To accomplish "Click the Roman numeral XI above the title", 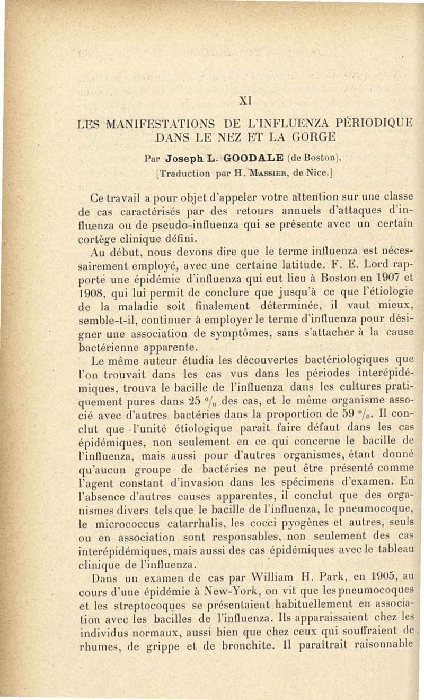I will point(244,100).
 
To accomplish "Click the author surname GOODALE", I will point(243,158).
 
